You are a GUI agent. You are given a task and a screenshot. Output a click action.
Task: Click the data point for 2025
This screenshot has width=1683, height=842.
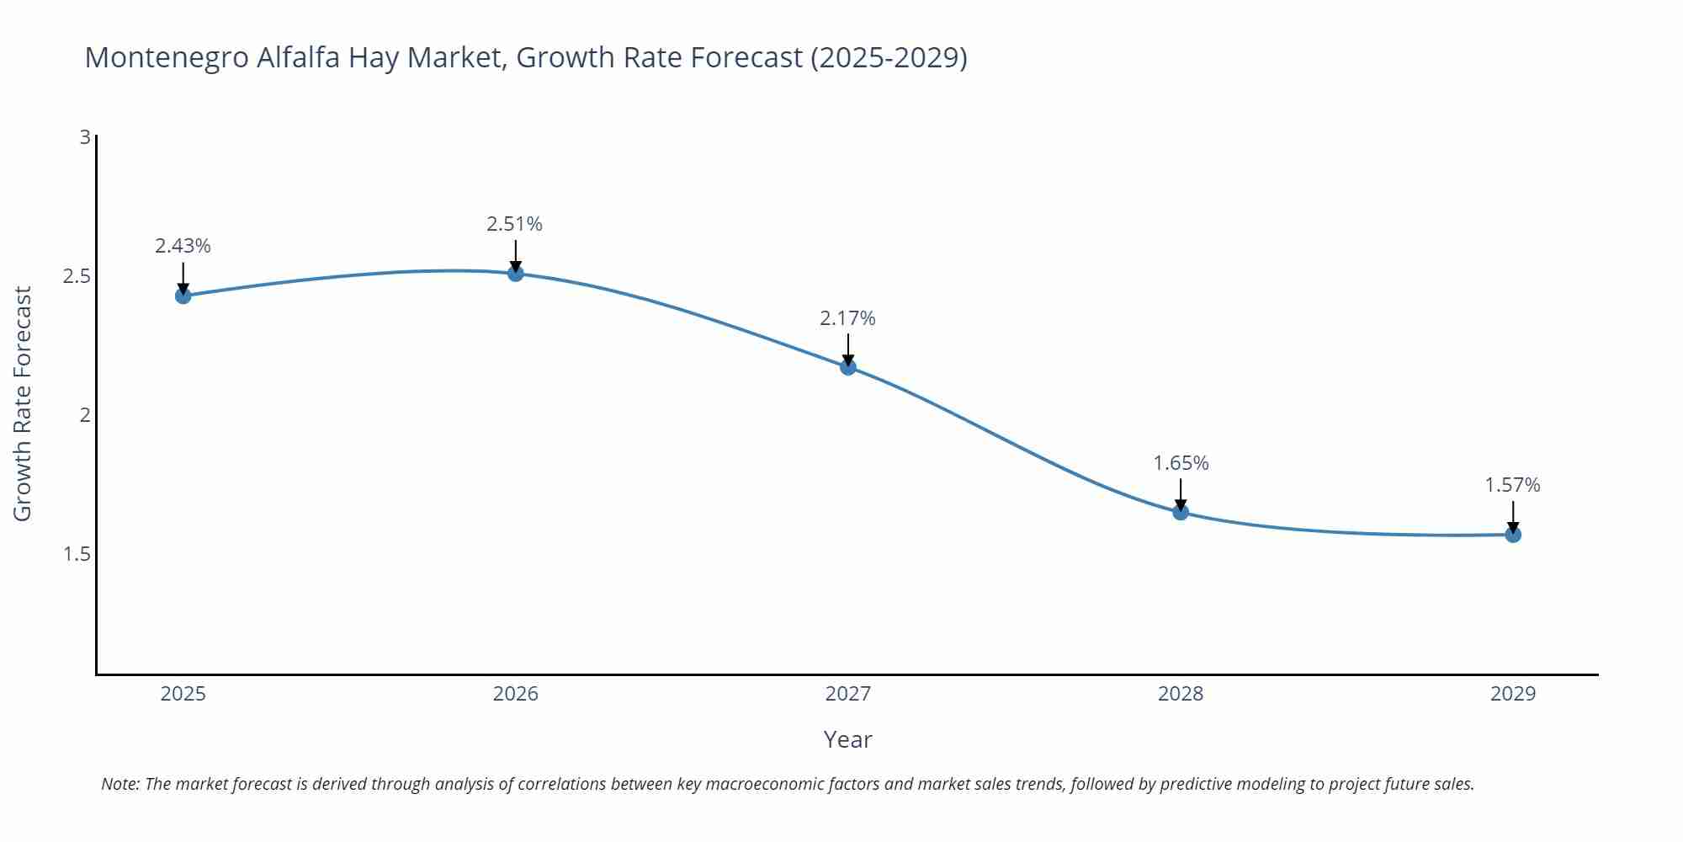tap(183, 296)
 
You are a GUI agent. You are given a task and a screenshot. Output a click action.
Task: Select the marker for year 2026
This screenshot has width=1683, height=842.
tap(516, 273)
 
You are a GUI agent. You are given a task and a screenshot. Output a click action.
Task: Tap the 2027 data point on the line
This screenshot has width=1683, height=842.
tap(848, 367)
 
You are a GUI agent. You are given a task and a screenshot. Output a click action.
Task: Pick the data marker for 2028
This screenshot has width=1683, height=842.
tap(1181, 512)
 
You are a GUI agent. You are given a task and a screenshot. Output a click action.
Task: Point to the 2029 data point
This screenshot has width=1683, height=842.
tap(1513, 535)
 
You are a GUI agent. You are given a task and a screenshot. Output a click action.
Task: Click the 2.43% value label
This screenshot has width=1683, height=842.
tap(183, 246)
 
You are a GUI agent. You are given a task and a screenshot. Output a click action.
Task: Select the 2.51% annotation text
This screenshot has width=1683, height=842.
tap(514, 224)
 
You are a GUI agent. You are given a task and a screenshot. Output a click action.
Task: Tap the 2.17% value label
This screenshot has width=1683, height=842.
tap(847, 318)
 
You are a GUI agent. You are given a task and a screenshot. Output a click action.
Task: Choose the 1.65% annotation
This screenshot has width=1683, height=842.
tap(1181, 463)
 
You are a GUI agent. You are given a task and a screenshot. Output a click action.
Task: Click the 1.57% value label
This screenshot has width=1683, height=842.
tap(1512, 485)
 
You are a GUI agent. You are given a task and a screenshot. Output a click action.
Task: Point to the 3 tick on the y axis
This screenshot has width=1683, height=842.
tap(85, 136)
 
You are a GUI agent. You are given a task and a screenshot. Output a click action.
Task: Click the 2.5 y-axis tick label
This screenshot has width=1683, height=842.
tap(77, 276)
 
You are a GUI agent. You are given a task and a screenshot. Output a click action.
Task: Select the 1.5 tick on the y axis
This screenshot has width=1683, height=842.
tap(77, 554)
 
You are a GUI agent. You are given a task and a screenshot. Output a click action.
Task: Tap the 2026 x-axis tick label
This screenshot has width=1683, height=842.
tap(516, 694)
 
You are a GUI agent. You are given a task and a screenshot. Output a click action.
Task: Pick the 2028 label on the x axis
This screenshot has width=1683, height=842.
tap(1181, 694)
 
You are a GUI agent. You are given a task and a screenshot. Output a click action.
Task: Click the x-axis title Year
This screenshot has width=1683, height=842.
tap(847, 739)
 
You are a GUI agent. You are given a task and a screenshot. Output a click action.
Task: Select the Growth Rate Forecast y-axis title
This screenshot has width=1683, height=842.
tap(23, 404)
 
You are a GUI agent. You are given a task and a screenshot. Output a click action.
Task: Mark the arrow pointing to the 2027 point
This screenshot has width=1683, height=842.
tap(848, 348)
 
